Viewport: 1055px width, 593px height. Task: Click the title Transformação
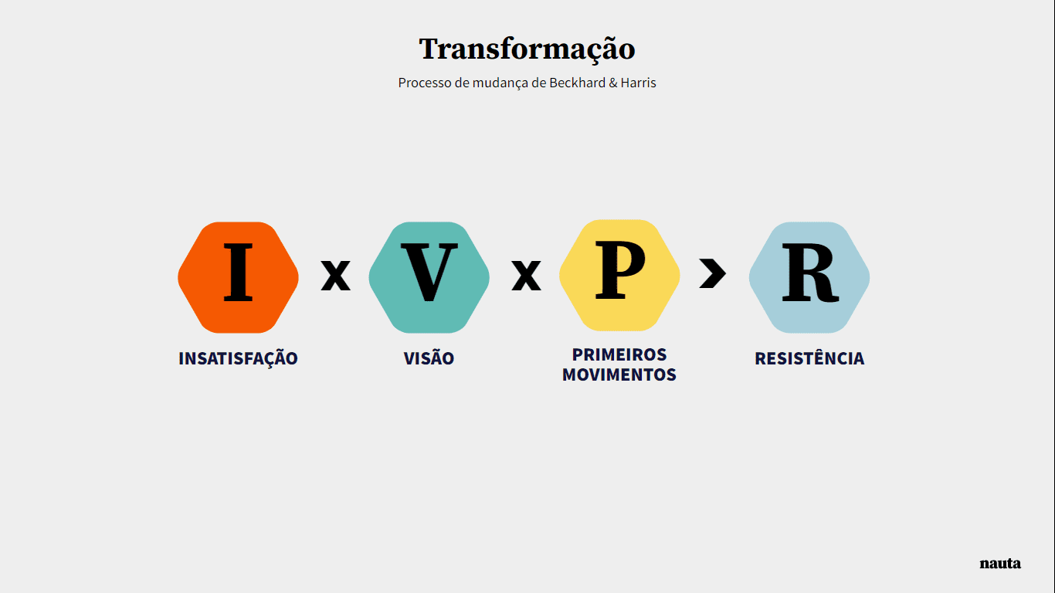pos(527,49)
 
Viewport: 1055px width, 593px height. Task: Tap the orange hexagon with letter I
pos(238,277)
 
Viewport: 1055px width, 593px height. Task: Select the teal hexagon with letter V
pos(429,277)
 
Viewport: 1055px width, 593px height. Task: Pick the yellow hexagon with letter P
pos(619,276)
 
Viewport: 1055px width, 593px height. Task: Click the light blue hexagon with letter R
pos(809,277)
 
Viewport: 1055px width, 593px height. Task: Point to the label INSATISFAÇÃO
pos(238,358)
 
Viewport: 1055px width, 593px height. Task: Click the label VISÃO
pos(429,358)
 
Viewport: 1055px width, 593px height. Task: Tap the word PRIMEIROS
pos(619,354)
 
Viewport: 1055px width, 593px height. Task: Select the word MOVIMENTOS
pos(619,375)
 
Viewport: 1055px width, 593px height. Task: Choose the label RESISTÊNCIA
pos(809,358)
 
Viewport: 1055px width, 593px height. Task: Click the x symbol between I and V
pos(335,275)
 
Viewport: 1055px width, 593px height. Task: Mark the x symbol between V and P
pos(526,275)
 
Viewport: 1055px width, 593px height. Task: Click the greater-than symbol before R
pos(713,273)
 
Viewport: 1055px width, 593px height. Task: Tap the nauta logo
pos(1000,564)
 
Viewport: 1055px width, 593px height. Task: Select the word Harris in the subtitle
pos(638,83)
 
